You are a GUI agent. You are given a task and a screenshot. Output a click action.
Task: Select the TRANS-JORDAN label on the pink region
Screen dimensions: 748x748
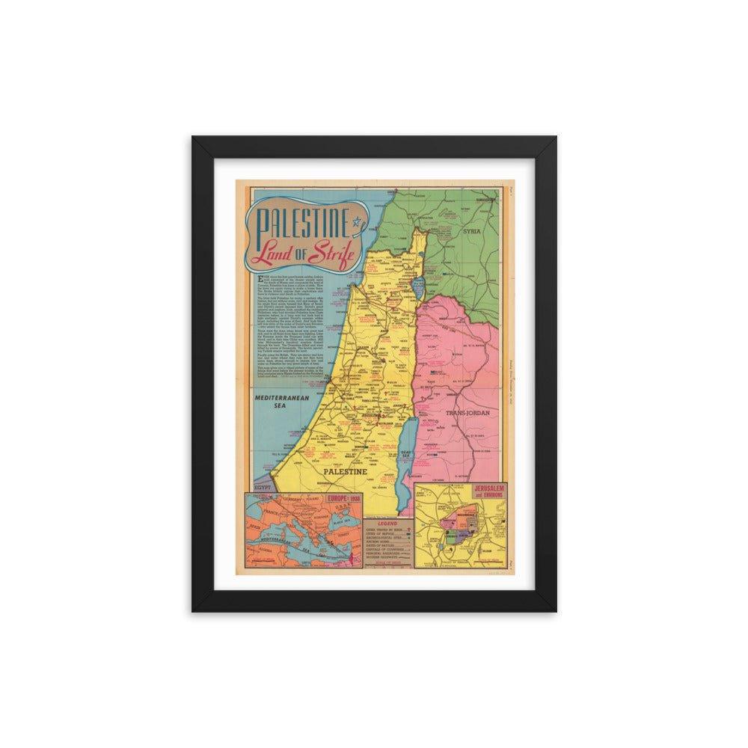coord(465,413)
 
